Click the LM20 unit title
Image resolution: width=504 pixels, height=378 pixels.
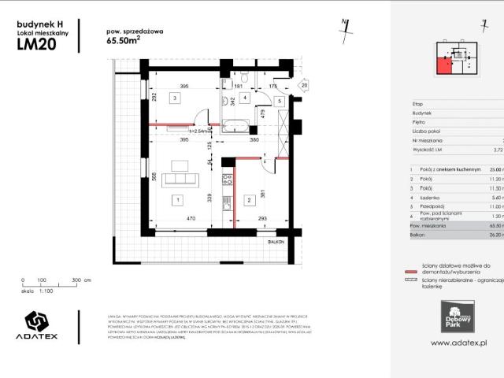tap(36, 44)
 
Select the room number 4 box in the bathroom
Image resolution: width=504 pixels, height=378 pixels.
tap(245, 98)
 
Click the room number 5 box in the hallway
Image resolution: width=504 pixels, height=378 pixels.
tap(278, 102)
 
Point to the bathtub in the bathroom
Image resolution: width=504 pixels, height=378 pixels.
tap(235, 124)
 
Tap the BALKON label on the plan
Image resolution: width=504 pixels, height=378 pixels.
tap(275, 242)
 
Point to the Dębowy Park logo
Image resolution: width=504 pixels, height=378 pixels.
tap(456, 312)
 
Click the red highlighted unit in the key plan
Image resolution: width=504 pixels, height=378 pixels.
tap(445, 65)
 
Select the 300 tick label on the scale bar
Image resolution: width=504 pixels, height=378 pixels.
tap(76, 280)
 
